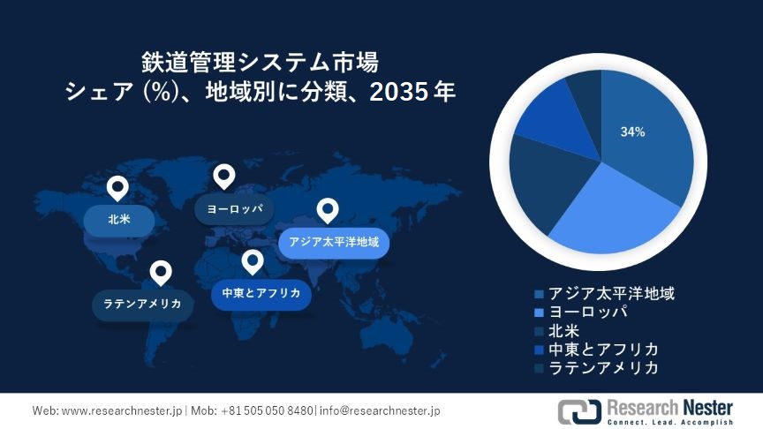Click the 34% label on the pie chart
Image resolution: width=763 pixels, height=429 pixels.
click(x=632, y=132)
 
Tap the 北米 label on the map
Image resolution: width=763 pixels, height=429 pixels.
click(x=119, y=219)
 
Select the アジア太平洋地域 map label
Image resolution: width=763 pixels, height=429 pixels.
click(x=334, y=241)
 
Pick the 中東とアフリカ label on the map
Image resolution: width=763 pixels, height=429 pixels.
click(x=261, y=294)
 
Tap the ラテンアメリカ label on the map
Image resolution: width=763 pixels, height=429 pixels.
click(x=142, y=304)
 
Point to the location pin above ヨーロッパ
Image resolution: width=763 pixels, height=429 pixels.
click(x=224, y=176)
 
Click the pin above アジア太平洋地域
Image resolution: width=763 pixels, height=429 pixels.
click(x=329, y=210)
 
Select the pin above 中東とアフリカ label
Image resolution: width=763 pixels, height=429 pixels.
click(x=253, y=261)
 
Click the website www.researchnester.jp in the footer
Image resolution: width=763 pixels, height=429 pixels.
click(x=122, y=410)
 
